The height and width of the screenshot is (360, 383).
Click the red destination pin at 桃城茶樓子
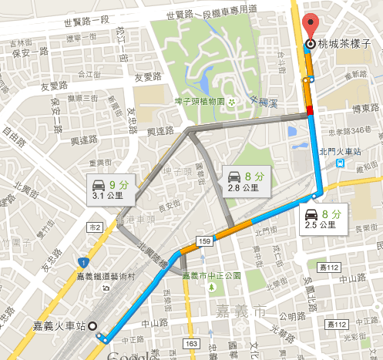[x=311, y=24]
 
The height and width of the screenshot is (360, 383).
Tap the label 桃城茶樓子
[x=344, y=45]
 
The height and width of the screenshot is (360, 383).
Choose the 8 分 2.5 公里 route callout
[x=322, y=219]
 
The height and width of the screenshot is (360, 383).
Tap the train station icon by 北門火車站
[x=339, y=163]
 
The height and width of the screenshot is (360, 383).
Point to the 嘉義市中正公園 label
[x=212, y=275]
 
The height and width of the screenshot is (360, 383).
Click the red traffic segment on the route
[x=311, y=113]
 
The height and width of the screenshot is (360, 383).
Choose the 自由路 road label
[x=11, y=139]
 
